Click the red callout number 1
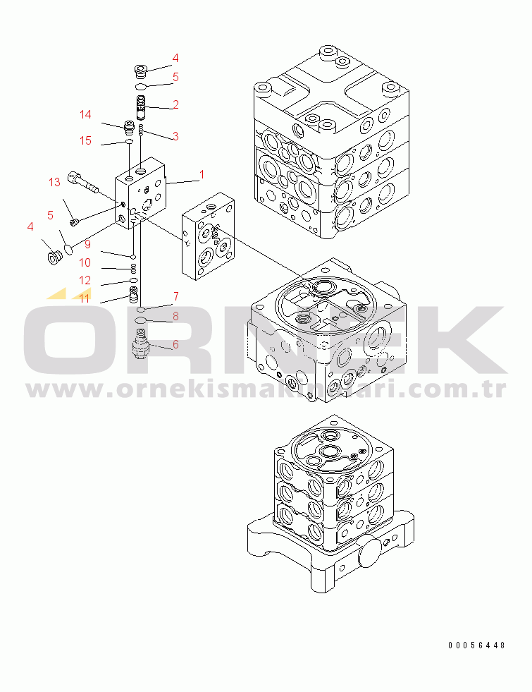[x=202, y=175]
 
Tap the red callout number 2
[x=175, y=104]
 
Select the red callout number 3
[x=175, y=136]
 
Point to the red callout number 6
[x=175, y=344]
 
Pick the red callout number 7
[x=176, y=296]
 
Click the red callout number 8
[x=175, y=316]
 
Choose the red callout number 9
[x=87, y=244]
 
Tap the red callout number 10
[x=85, y=262]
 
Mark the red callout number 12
[x=85, y=280]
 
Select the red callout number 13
[x=54, y=182]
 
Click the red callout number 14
[x=85, y=114]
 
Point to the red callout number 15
[x=85, y=140]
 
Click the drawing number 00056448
[x=476, y=645]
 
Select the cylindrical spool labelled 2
[x=141, y=108]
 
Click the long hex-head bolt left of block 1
[x=83, y=183]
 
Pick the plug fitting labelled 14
[x=129, y=127]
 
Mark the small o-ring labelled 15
[x=129, y=141]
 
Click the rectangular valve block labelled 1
[x=141, y=193]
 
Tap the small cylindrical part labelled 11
[x=133, y=294]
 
